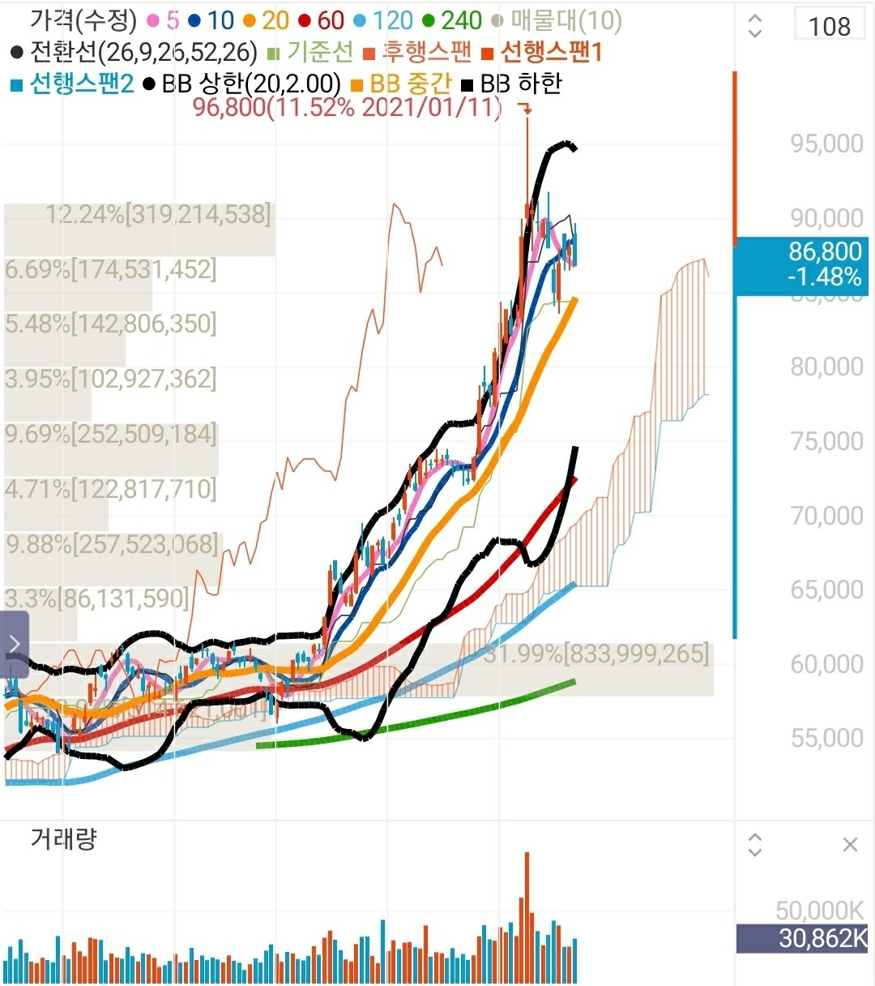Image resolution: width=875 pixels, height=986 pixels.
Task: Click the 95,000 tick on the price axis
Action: click(826, 144)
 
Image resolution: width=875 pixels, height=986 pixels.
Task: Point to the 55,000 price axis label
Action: click(826, 738)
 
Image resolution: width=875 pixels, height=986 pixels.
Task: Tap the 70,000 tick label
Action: click(826, 516)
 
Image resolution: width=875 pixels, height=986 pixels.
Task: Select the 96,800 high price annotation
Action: click(347, 107)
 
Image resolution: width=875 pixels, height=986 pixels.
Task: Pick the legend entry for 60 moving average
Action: click(322, 20)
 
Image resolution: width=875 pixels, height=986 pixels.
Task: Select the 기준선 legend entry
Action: click(311, 52)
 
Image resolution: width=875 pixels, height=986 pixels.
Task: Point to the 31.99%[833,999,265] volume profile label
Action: click(595, 654)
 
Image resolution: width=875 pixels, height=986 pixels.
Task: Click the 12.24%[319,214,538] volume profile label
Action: click(158, 215)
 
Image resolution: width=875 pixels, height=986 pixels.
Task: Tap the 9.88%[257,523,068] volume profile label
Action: click(113, 544)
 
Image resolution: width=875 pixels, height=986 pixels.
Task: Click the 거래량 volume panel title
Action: click(63, 838)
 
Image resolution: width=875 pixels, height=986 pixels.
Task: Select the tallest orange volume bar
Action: click(527, 916)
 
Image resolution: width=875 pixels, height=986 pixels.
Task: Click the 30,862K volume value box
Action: click(802, 939)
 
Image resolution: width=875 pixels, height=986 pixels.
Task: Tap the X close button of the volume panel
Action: click(850, 845)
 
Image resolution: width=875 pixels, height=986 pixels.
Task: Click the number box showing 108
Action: click(830, 26)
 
